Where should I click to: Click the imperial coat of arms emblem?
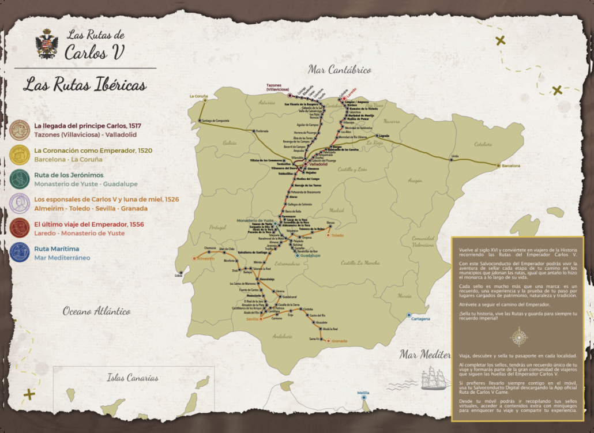[47, 44]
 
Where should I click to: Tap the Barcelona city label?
[510, 165]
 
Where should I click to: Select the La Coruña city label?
[198, 96]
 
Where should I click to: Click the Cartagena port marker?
[409, 315]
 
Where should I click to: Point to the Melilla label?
[363, 393]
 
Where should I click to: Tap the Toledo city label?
[337, 235]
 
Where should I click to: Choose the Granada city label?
[340, 341]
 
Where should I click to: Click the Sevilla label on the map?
[253, 319]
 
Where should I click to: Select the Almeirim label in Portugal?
[205, 259]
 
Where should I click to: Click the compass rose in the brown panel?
[519, 336]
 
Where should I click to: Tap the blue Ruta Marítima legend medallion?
[20, 253]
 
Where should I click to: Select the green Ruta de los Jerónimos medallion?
[20, 179]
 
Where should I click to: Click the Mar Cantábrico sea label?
[340, 70]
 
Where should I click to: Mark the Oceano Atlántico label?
[97, 311]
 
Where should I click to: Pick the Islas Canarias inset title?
[132, 378]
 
